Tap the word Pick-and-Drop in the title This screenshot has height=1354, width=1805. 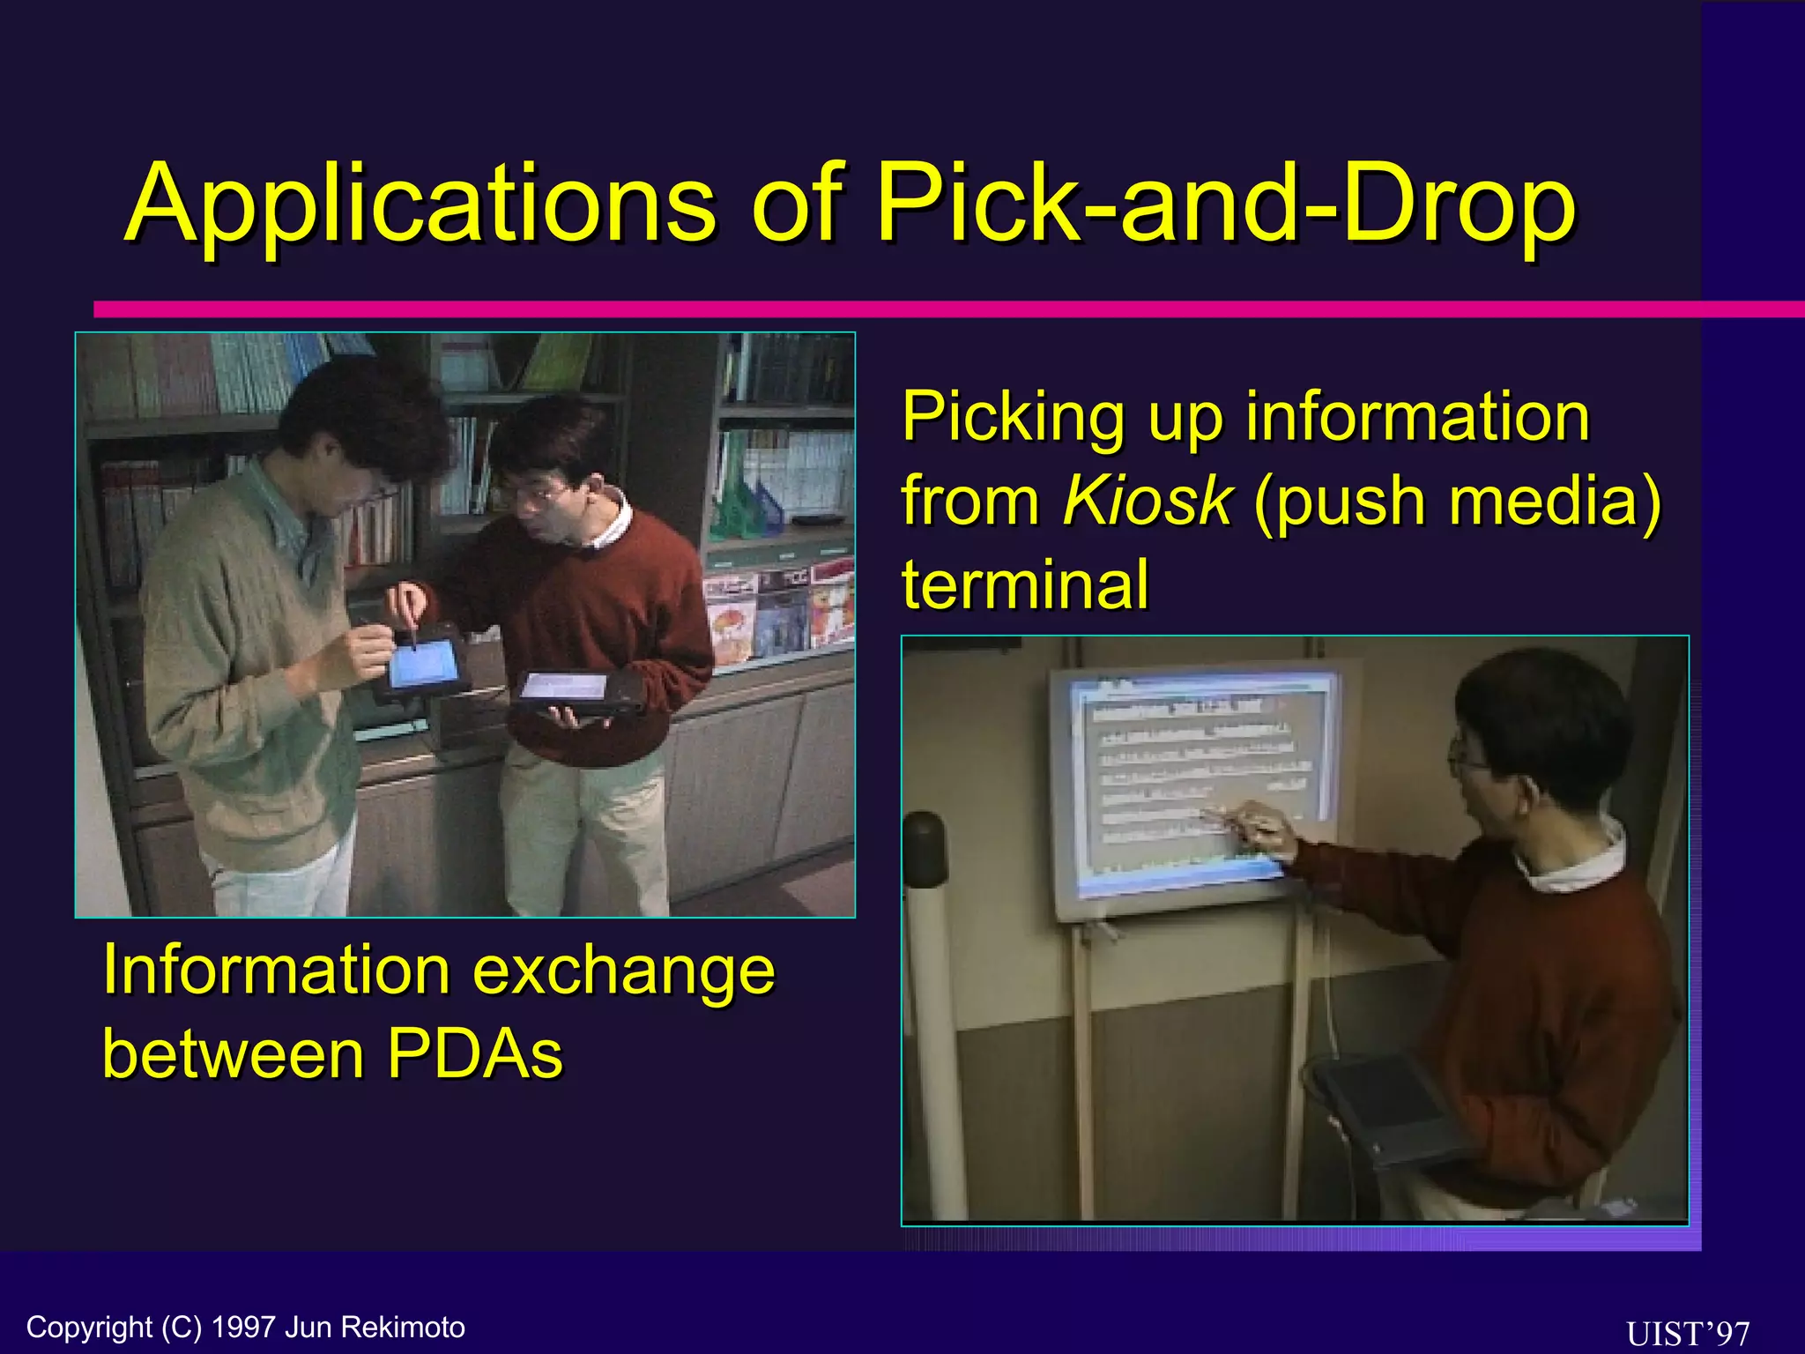click(1225, 205)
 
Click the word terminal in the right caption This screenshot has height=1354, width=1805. click(1025, 584)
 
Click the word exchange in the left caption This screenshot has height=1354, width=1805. click(624, 970)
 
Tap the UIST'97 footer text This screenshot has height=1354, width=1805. click(1687, 1332)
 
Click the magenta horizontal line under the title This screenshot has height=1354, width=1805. click(881, 309)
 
